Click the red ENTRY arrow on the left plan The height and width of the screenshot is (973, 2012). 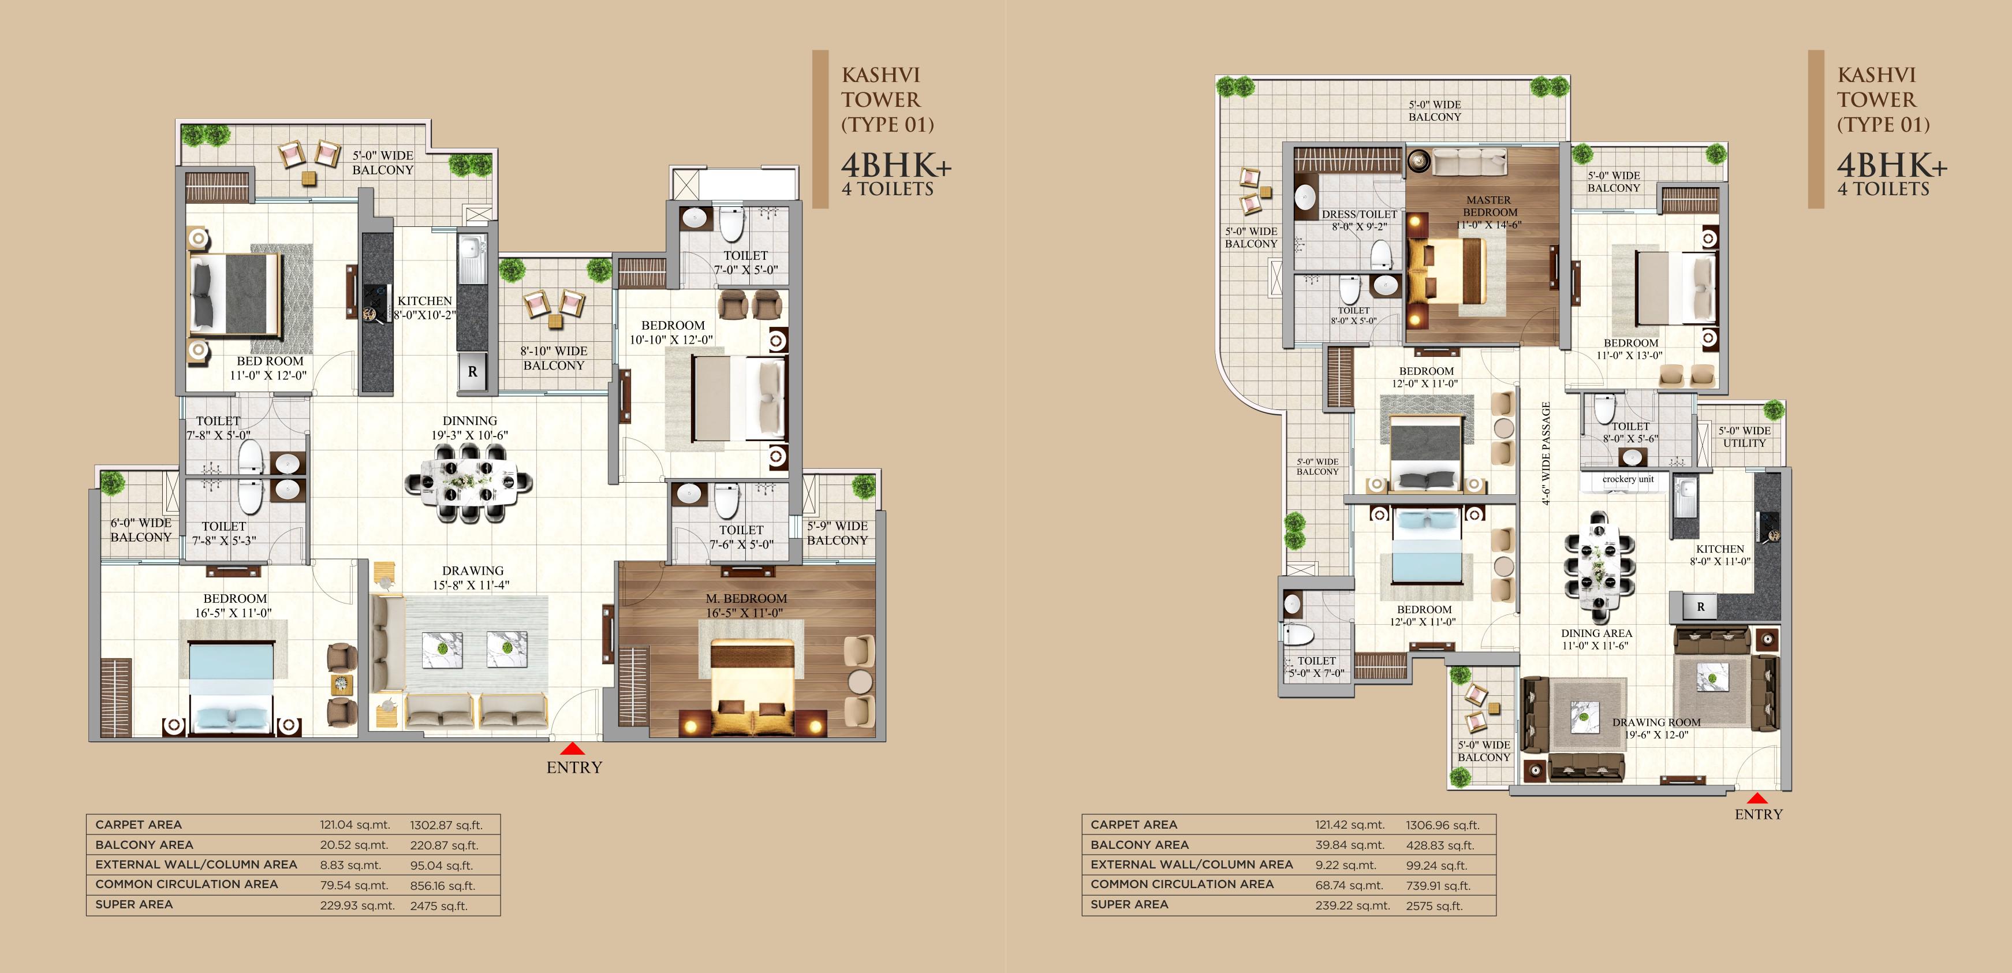[573, 749]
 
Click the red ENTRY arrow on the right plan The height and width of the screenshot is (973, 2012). [1757, 799]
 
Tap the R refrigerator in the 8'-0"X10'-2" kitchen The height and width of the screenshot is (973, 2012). [472, 371]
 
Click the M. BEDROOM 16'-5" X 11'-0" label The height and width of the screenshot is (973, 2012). [746, 606]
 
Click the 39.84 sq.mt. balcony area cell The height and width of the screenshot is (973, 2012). [1350, 845]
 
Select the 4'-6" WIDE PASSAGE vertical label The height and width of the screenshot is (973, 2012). [1546, 453]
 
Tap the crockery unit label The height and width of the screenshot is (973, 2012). [1627, 479]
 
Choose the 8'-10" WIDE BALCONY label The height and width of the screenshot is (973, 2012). [554, 358]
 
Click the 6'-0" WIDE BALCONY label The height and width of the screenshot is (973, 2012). [141, 530]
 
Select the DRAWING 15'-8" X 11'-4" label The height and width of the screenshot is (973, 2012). [472, 577]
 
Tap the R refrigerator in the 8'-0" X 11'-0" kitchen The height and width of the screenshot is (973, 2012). [1700, 606]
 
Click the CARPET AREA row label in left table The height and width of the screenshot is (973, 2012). [138, 825]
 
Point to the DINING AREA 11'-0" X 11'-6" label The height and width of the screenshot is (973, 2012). [1596, 639]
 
